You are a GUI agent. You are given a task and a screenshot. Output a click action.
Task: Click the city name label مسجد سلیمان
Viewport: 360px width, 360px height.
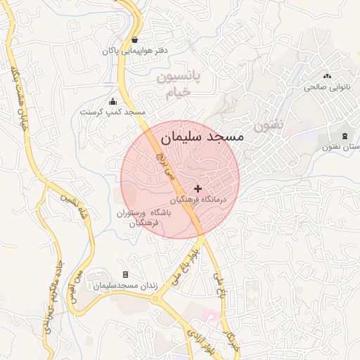coord(202,136)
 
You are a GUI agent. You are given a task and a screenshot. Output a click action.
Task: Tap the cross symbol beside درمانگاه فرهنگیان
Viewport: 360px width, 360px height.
coord(198,188)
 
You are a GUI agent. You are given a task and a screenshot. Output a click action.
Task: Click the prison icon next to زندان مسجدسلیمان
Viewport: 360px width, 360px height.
coord(126,274)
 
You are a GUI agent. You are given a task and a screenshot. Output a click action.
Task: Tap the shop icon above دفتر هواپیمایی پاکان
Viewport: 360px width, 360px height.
coord(134,39)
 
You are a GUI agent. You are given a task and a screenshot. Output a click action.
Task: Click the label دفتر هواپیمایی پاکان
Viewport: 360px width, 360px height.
coord(138,51)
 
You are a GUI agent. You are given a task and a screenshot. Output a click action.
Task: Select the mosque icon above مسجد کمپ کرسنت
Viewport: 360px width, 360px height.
coord(113,101)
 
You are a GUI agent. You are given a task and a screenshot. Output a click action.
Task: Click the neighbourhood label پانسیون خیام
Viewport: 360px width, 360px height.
coord(178,84)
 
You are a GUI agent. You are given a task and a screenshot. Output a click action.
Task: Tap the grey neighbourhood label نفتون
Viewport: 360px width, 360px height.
coord(268,127)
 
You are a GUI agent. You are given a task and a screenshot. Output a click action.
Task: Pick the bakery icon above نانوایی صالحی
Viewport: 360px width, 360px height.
coord(327,76)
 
